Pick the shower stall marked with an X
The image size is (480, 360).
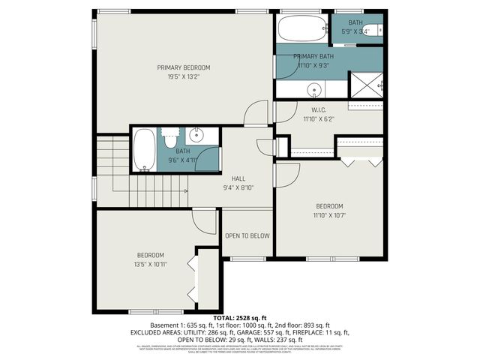click(x=367, y=85)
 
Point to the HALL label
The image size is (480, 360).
click(x=239, y=179)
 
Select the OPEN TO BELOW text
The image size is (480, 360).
click(x=247, y=235)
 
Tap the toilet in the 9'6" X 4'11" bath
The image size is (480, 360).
click(x=171, y=139)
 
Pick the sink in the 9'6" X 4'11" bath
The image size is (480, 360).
click(x=196, y=136)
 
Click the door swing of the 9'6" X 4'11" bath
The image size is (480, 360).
click(x=208, y=160)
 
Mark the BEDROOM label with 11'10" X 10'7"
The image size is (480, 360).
click(x=329, y=206)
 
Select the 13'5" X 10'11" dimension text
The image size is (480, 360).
click(x=150, y=264)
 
